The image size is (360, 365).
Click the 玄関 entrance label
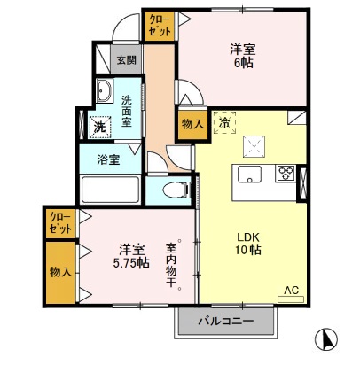pos(126,60)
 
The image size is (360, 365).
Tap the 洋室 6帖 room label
pos(244,56)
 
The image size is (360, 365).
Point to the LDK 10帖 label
pos(249,244)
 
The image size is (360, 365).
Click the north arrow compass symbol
pos(327,338)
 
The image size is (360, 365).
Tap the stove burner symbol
pos(286,173)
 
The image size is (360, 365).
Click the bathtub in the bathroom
pos(108,190)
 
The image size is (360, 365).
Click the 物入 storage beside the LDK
pos(192,124)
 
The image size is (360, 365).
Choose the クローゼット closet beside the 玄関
pos(160,25)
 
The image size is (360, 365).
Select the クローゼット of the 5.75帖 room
pos(59,222)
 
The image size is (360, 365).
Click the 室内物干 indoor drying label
pos(171,266)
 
